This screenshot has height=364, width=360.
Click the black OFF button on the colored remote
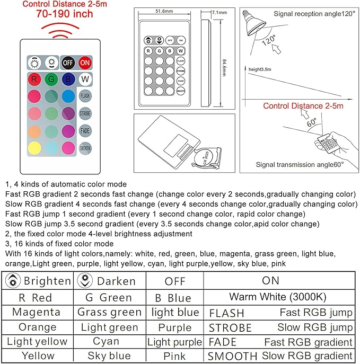tap(68, 62)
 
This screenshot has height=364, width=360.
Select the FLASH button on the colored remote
tap(85, 96)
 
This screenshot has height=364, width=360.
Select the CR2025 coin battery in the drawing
tap(207, 158)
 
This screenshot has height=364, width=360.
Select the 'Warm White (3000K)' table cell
tap(278, 297)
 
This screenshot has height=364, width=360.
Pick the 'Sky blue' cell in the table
tap(110, 356)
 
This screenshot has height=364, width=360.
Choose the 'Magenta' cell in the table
tap(37, 312)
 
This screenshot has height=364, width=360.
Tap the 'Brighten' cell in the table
tap(37, 281)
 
